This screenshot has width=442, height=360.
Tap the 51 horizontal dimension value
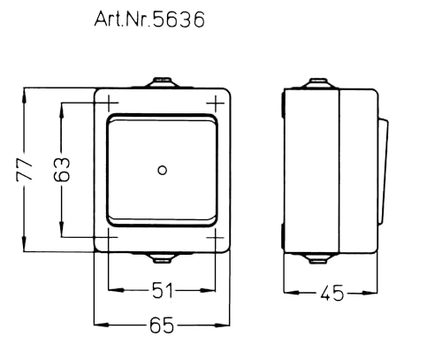pos(160,289)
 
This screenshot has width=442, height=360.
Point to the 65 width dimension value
pos(160,326)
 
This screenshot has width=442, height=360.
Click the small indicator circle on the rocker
pos(161,169)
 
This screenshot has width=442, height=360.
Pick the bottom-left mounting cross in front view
pos(107,237)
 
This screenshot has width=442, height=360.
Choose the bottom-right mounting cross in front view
pos(215,237)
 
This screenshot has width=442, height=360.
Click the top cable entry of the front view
pos(161,84)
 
